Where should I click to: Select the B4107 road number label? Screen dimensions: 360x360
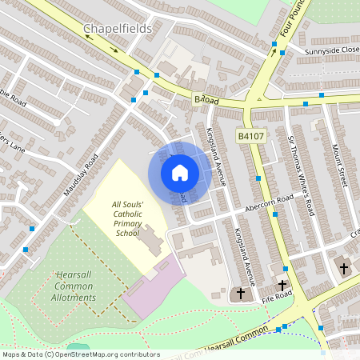click(x=250, y=137)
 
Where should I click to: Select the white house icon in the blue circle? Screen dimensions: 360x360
click(x=179, y=172)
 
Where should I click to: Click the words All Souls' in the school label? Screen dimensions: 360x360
click(x=127, y=204)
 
